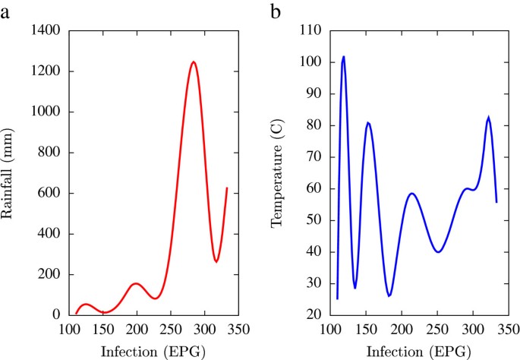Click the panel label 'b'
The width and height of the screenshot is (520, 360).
tap(276, 12)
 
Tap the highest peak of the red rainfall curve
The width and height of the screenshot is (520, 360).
tap(194, 62)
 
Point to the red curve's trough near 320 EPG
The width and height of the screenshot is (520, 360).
tap(216, 261)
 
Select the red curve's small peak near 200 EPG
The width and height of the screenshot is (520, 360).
tap(136, 283)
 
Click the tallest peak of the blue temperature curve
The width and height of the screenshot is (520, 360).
tap(343, 56)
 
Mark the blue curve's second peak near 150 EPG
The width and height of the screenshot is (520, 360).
tap(367, 122)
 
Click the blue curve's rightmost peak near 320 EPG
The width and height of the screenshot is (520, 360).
tap(488, 118)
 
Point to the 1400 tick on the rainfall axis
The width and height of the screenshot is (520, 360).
tap(47, 31)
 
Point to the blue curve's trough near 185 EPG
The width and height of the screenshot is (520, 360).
tap(389, 295)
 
